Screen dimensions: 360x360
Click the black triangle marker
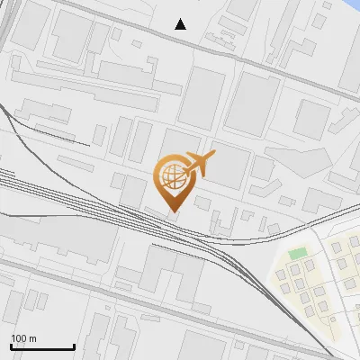pyautogui.click(x=181, y=24)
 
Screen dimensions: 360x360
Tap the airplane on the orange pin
pyautogui.click(x=197, y=164)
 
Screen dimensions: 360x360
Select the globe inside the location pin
pyautogui.click(x=171, y=175)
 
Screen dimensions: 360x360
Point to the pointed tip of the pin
pyautogui.click(x=172, y=211)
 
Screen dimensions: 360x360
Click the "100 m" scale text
pyautogui.click(x=23, y=338)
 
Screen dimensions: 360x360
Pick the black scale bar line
pyautogui.click(x=42, y=347)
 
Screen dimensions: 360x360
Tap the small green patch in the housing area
pyautogui.click(x=298, y=254)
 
